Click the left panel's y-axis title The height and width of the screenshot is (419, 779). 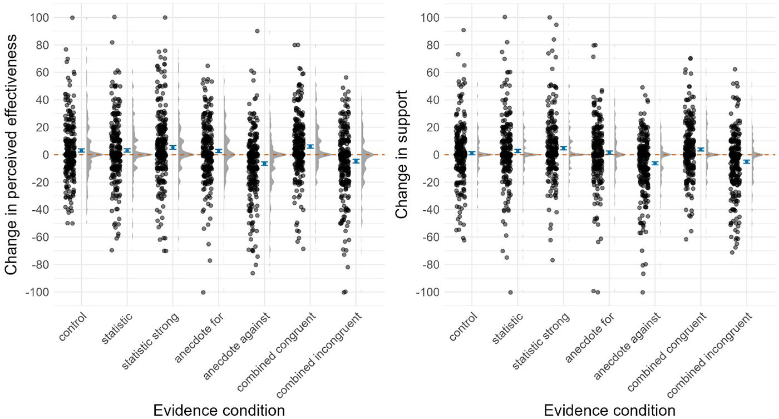click(x=11, y=155)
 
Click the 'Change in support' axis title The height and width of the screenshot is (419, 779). click(x=402, y=155)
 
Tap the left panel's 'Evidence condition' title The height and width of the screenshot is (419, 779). click(x=219, y=411)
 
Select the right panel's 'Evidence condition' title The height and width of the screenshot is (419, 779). click(x=610, y=411)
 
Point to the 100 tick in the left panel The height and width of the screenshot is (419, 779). click(x=40, y=18)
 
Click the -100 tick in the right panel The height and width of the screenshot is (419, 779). click(x=427, y=292)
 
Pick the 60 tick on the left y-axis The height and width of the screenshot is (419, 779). click(x=42, y=73)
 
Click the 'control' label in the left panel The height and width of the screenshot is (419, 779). click(x=72, y=327)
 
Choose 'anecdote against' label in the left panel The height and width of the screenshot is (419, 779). click(x=236, y=346)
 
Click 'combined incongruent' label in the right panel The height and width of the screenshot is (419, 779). click(x=709, y=355)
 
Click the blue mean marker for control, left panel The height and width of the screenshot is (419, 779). click(x=81, y=151)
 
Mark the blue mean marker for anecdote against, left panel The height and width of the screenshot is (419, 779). click(x=265, y=164)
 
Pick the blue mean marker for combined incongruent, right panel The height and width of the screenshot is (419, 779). click(x=746, y=162)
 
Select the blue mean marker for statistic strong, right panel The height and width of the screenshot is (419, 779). click(x=563, y=148)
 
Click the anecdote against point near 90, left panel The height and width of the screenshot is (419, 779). click(x=257, y=31)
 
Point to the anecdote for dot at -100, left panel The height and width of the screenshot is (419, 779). click(x=203, y=293)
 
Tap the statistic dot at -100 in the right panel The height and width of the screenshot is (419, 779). click(x=511, y=293)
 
